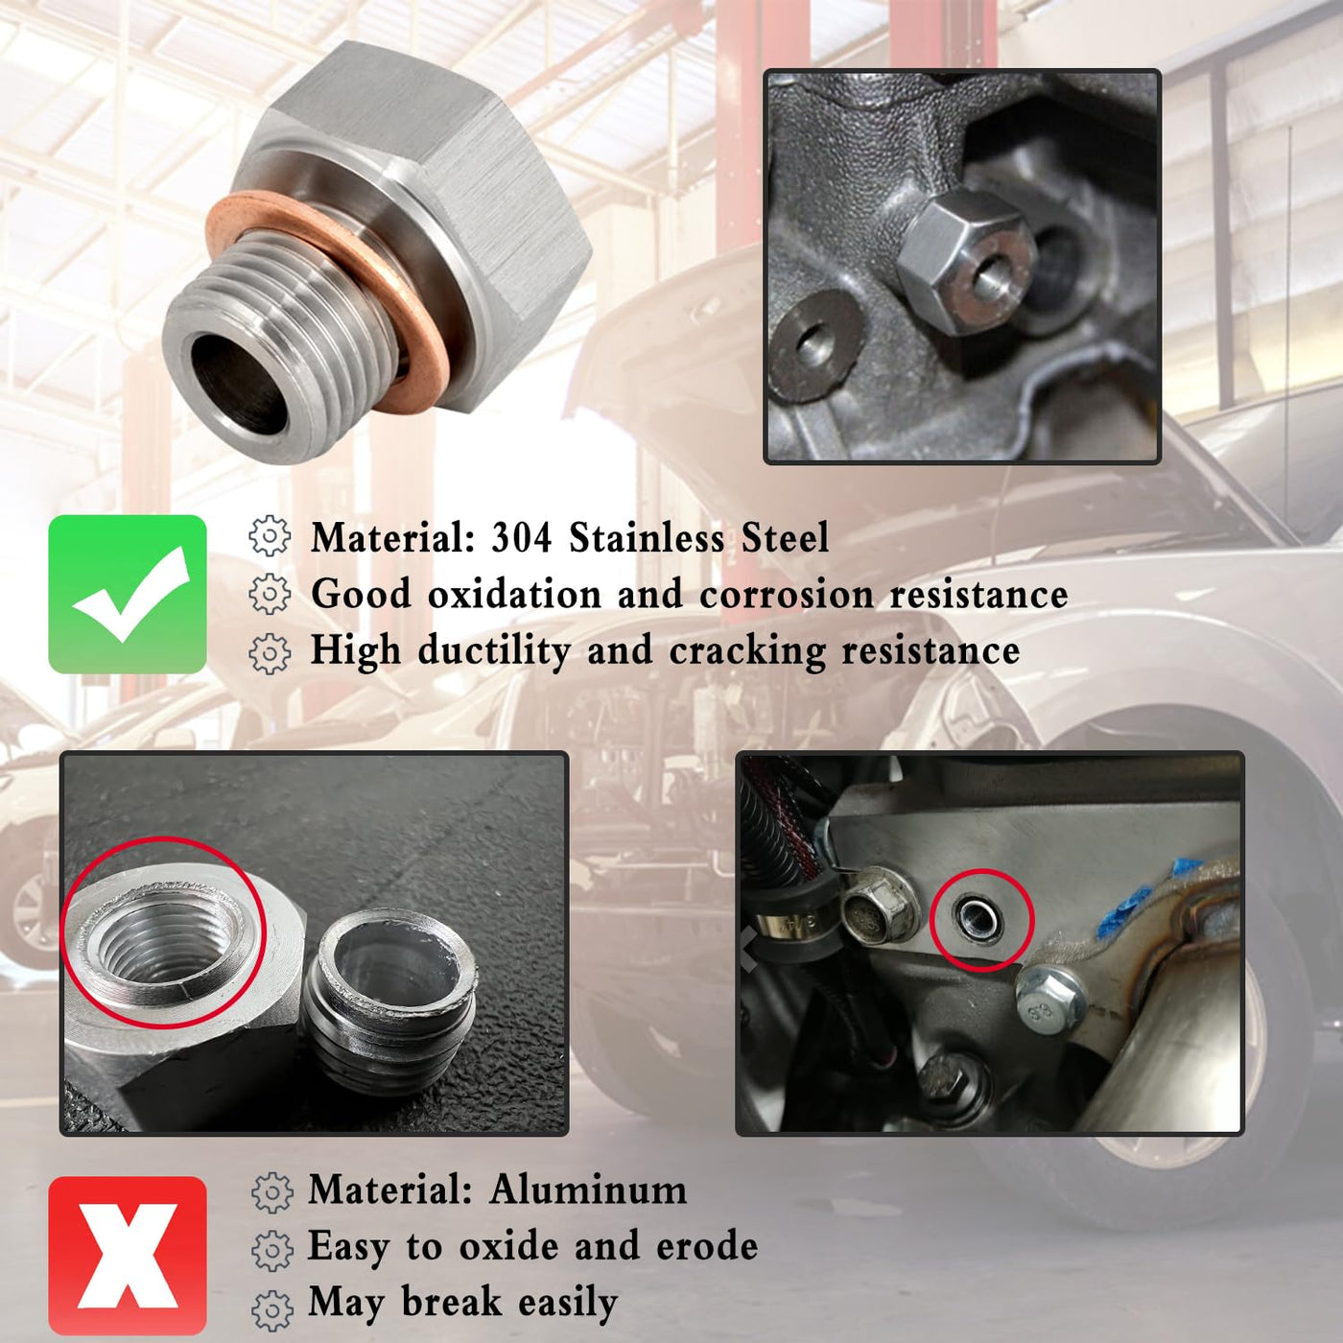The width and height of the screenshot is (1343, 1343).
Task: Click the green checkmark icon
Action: [128, 594]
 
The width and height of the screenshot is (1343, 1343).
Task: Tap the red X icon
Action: [128, 1255]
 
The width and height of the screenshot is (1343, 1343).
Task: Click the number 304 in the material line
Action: [522, 538]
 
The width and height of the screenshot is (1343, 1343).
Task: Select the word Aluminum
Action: [587, 1190]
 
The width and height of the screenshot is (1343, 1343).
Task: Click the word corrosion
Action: [788, 595]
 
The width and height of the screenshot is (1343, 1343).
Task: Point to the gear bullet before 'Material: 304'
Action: [270, 535]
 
